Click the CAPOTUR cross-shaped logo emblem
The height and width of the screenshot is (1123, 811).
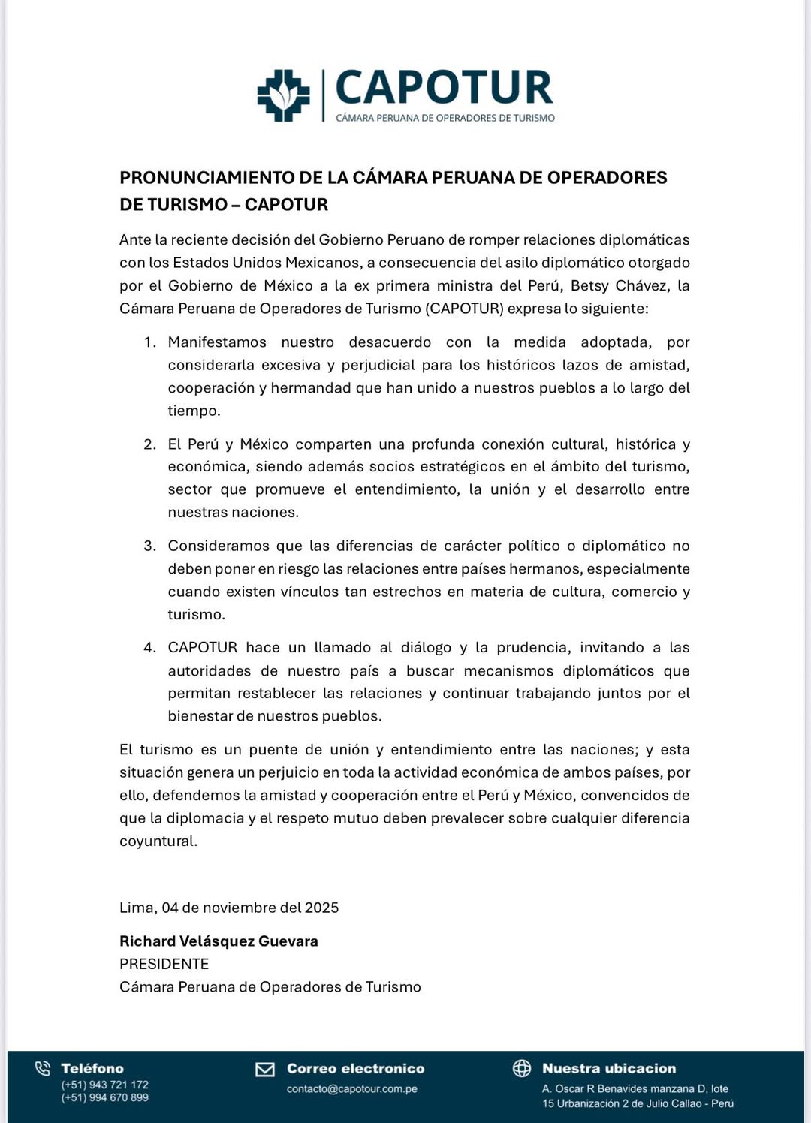click(283, 95)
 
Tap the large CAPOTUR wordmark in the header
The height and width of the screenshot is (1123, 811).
click(444, 88)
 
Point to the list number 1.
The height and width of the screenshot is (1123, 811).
click(149, 342)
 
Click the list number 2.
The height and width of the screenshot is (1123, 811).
click(149, 444)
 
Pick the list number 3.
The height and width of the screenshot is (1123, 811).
click(149, 546)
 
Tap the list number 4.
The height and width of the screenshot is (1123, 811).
click(149, 647)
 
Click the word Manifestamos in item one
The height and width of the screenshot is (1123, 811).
click(217, 342)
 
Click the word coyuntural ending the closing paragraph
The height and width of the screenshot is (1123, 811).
click(157, 841)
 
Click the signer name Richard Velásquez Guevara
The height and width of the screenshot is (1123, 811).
click(219, 941)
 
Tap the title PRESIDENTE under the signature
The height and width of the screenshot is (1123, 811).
click(164, 964)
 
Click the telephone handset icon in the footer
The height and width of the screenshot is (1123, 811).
click(43, 1068)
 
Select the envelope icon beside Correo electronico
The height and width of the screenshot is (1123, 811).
click(265, 1069)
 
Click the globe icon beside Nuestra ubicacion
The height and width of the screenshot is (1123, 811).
click(521, 1068)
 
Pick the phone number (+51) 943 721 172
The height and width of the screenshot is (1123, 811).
click(104, 1085)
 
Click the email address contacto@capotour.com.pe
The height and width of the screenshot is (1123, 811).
click(351, 1089)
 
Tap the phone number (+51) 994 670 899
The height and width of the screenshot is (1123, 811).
click(104, 1097)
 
